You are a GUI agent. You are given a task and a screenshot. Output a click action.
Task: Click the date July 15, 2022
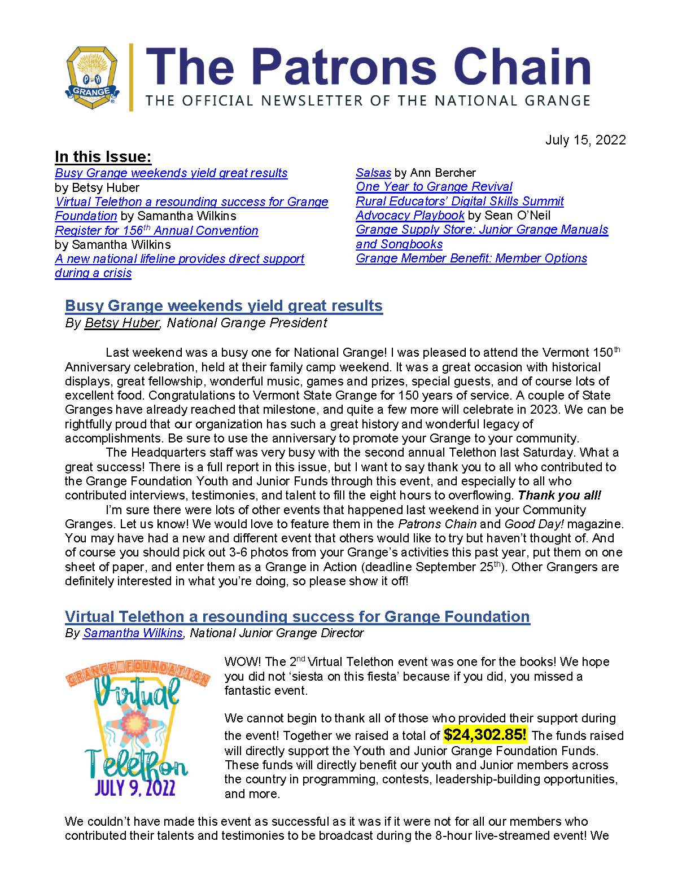(x=585, y=140)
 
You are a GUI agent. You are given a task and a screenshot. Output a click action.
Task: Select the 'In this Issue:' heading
(x=103, y=157)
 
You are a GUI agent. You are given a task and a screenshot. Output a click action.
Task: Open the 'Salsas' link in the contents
(x=373, y=173)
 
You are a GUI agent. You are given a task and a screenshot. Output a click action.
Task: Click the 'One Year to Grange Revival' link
(x=434, y=187)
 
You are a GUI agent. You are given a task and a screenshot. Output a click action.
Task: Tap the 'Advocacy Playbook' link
(x=410, y=216)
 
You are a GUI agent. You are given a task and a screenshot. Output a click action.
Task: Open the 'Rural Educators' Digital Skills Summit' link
(x=460, y=201)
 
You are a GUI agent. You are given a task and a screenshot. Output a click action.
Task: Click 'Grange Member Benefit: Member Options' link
(x=471, y=258)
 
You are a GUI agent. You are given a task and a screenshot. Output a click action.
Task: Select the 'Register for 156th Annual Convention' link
(x=156, y=231)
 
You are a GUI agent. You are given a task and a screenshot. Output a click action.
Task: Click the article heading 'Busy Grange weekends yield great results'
(x=224, y=306)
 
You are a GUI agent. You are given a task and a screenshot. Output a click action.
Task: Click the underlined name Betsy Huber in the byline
(x=121, y=323)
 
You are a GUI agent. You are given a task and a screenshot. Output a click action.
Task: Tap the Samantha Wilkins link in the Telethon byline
(x=133, y=633)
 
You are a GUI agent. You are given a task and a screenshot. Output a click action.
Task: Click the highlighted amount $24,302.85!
(x=485, y=735)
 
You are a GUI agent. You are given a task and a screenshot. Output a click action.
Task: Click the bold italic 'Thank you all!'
(x=559, y=496)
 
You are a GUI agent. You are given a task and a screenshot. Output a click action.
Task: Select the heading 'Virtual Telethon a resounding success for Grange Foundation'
(x=297, y=616)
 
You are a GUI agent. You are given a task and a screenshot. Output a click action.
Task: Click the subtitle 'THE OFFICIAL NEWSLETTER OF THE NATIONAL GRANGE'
(x=368, y=101)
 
